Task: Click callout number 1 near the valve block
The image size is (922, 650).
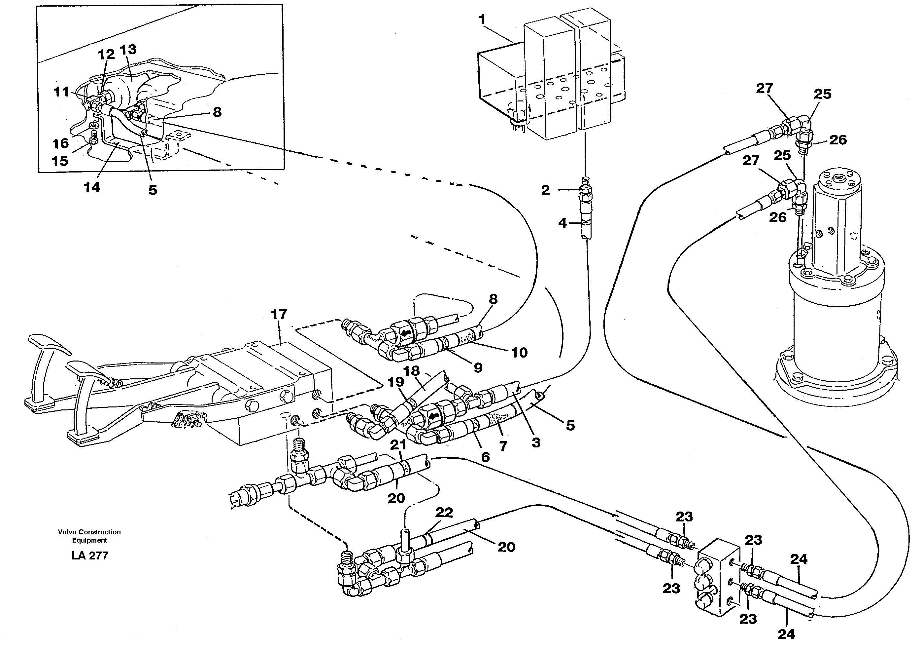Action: coord(482,20)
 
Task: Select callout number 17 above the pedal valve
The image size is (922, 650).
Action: coord(279,314)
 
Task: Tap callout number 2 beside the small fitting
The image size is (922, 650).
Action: coord(545,190)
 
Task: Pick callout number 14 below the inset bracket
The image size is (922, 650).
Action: coord(92,187)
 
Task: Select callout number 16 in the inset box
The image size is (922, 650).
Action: coord(61,143)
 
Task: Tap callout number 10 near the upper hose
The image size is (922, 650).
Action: coord(519,353)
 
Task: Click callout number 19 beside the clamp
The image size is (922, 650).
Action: coord(395,382)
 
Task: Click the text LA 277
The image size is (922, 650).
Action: coord(89,555)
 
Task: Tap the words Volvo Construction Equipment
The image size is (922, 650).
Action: coord(89,536)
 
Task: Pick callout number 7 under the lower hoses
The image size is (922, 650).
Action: coord(503,446)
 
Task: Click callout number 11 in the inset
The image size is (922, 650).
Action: coord(61,92)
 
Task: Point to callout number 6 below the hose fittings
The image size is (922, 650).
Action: coord(485,457)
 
